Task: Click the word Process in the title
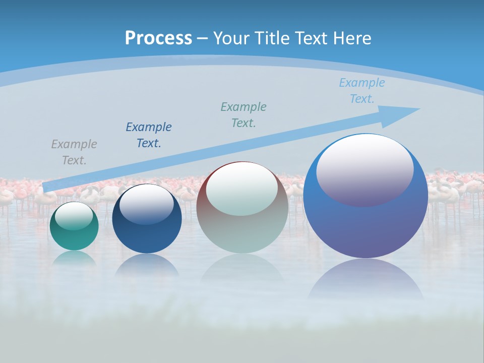click(158, 38)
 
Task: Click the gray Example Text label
click(74, 152)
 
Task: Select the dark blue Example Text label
click(149, 135)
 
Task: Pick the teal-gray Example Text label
click(244, 114)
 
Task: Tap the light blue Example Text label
click(362, 91)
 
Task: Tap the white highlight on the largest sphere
click(365, 169)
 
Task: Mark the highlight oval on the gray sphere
click(242, 189)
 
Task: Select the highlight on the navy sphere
click(147, 204)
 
